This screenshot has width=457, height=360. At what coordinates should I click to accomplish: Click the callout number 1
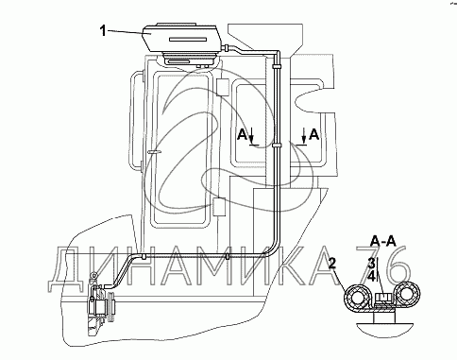pos(103,31)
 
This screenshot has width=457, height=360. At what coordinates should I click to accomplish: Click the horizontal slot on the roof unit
pos(187,40)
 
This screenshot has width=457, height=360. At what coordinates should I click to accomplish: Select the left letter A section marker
pos(242,135)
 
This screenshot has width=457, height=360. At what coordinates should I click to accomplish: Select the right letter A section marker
pos(314,135)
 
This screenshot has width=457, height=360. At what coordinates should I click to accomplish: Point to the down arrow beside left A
pos(251,137)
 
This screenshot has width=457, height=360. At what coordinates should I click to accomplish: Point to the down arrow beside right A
pos(304,136)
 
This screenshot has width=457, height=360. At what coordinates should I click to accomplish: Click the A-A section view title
pos(383,241)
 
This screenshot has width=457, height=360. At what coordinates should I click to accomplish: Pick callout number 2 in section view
pos(331,263)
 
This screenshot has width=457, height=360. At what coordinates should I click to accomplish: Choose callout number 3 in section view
pos(372,263)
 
